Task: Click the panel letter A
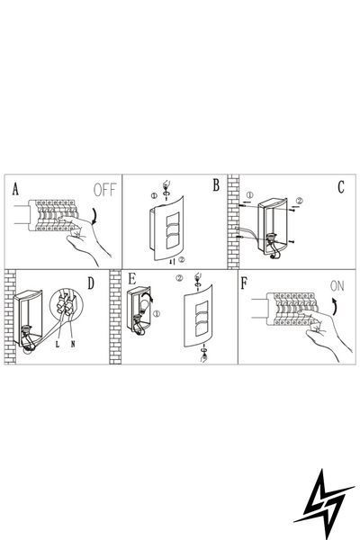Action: pos(15,189)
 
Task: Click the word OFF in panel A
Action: pos(105,190)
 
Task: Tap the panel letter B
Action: pos(216,185)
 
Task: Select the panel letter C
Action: pos(341,187)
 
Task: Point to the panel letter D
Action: pos(91,283)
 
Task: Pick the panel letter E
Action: pos(131,279)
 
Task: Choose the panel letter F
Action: pos(244,283)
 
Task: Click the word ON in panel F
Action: pos(337,286)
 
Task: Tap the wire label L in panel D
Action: pos(58,344)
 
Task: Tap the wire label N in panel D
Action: pos(73,344)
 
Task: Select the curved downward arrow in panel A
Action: pos(94,215)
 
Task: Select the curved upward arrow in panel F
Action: pos(334,307)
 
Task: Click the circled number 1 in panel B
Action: pos(154,195)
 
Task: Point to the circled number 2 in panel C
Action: pos(300,201)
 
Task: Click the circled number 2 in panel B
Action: pos(182,260)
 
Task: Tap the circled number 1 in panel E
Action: pos(157,314)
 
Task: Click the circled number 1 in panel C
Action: pos(250,195)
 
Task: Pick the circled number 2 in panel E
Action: pos(179,277)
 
